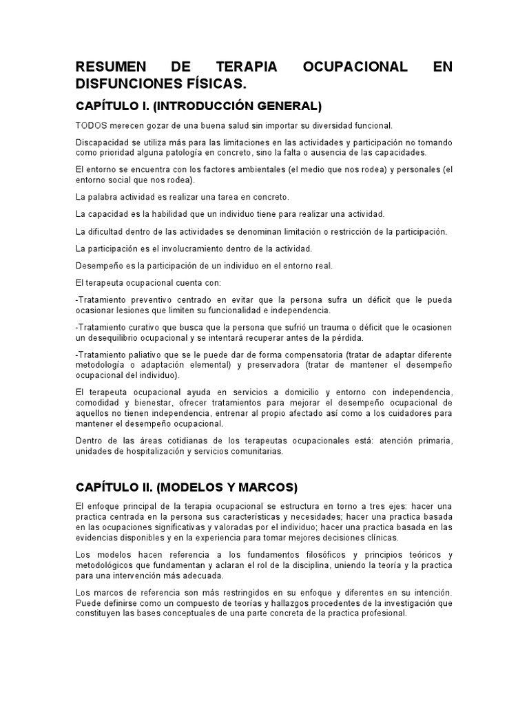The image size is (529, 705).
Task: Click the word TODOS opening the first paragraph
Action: pos(91,125)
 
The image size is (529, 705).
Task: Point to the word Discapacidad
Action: pos(103,143)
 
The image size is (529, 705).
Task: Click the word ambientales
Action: pos(245,170)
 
